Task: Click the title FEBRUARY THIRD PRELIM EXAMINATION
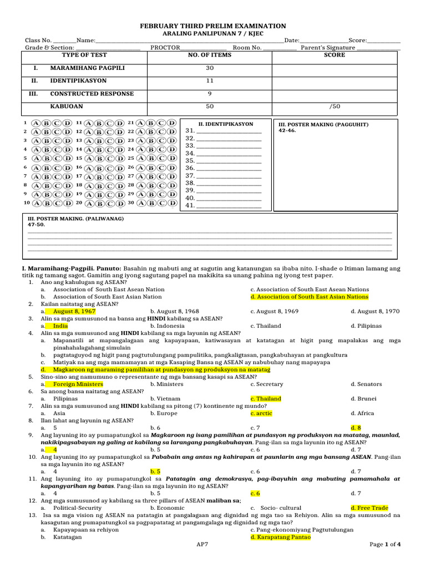point(213,26)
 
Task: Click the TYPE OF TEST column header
point(84,55)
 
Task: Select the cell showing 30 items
point(209,68)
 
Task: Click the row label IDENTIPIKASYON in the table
point(78,81)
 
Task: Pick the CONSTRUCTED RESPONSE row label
point(92,94)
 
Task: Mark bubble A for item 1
point(36,123)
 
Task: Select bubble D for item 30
point(172,203)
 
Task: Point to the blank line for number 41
point(229,206)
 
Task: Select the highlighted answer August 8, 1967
point(74,312)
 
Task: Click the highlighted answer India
point(60,326)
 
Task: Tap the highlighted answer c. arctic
point(261,413)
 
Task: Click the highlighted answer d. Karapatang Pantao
point(281,537)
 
